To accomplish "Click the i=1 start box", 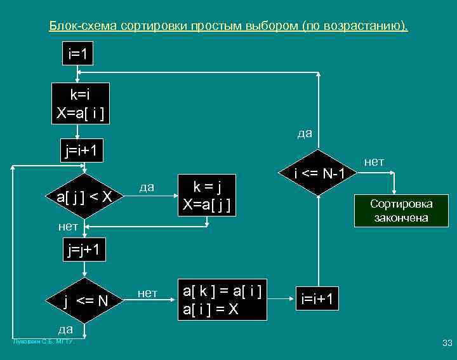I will tap(77, 53).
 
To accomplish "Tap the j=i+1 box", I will tap(81, 150).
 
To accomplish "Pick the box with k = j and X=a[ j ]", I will tap(206, 195).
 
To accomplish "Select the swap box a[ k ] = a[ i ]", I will tap(222, 300).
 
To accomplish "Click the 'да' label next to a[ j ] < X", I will tap(147, 186).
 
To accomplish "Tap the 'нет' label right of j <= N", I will tap(147, 293).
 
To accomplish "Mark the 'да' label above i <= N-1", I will tap(305, 133).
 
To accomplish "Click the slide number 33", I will tap(446, 343).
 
